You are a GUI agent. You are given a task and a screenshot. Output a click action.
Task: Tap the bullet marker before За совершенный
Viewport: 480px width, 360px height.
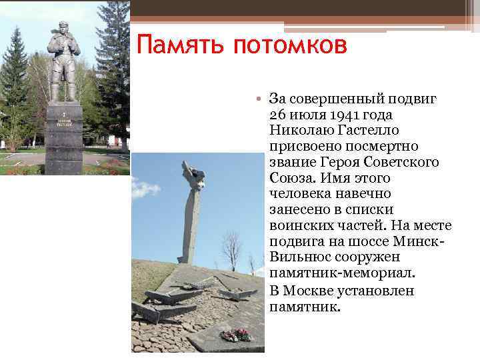click(x=261, y=99)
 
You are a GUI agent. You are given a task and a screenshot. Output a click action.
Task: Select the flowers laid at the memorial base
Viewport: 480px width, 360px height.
click(x=235, y=335)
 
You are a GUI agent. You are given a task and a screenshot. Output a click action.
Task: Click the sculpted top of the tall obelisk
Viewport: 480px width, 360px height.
click(x=193, y=175)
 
